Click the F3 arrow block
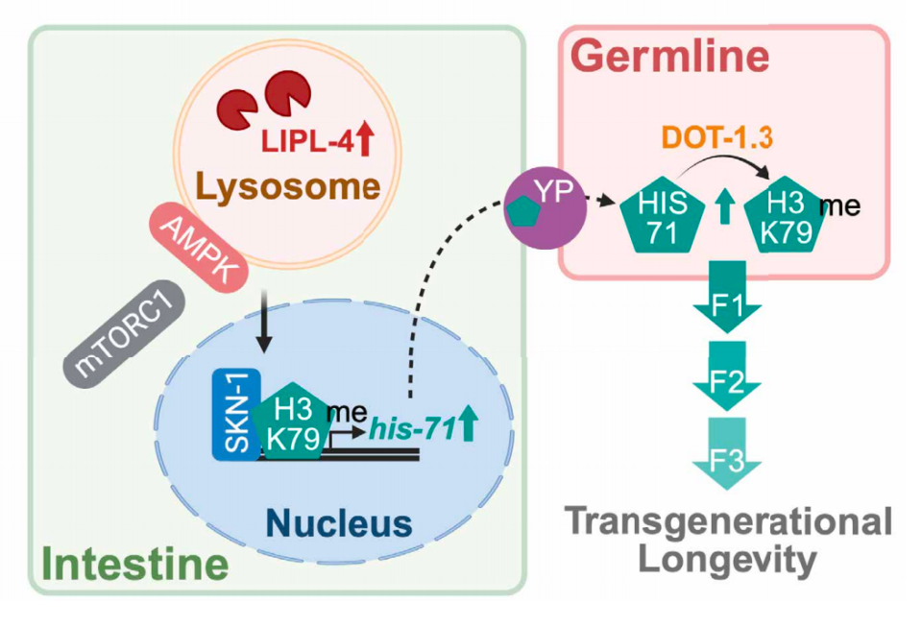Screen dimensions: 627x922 [x=726, y=450]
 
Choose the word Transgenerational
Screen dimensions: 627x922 [x=726, y=522]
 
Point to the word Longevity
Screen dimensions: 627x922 [x=726, y=559]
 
